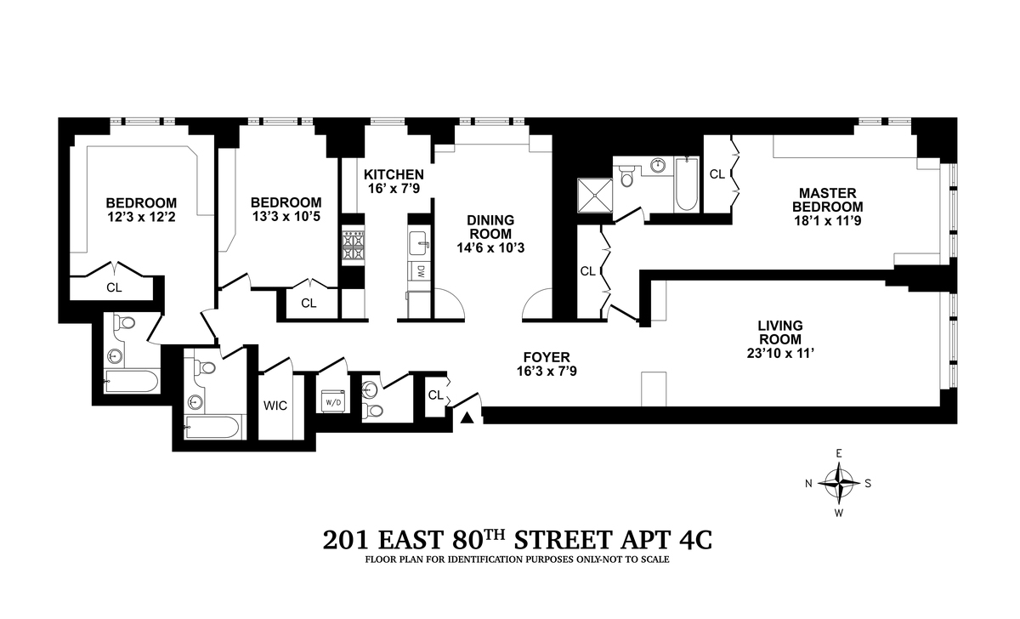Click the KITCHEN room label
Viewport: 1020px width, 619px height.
(394, 174)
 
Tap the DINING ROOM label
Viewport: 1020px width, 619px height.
(490, 227)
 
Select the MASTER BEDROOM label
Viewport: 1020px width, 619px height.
(827, 200)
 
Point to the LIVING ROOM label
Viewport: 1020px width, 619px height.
(780, 332)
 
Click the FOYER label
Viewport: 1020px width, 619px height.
(547, 357)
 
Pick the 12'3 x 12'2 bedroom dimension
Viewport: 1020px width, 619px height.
(141, 217)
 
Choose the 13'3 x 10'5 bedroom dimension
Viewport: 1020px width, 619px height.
(286, 216)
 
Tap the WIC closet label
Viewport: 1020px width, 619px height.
(275, 406)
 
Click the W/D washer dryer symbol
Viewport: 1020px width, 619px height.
(334, 400)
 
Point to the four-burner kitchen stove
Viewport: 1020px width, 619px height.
(354, 246)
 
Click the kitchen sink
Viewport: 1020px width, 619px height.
(419, 243)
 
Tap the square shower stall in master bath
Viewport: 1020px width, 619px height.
(595, 195)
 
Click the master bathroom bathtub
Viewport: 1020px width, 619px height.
(687, 184)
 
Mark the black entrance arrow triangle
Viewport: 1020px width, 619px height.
(467, 417)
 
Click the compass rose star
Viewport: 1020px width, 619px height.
(838, 483)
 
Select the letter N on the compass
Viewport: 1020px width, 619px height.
(808, 484)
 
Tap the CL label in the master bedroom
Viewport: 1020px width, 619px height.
(717, 174)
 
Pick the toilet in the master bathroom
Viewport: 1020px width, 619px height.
(627, 176)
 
